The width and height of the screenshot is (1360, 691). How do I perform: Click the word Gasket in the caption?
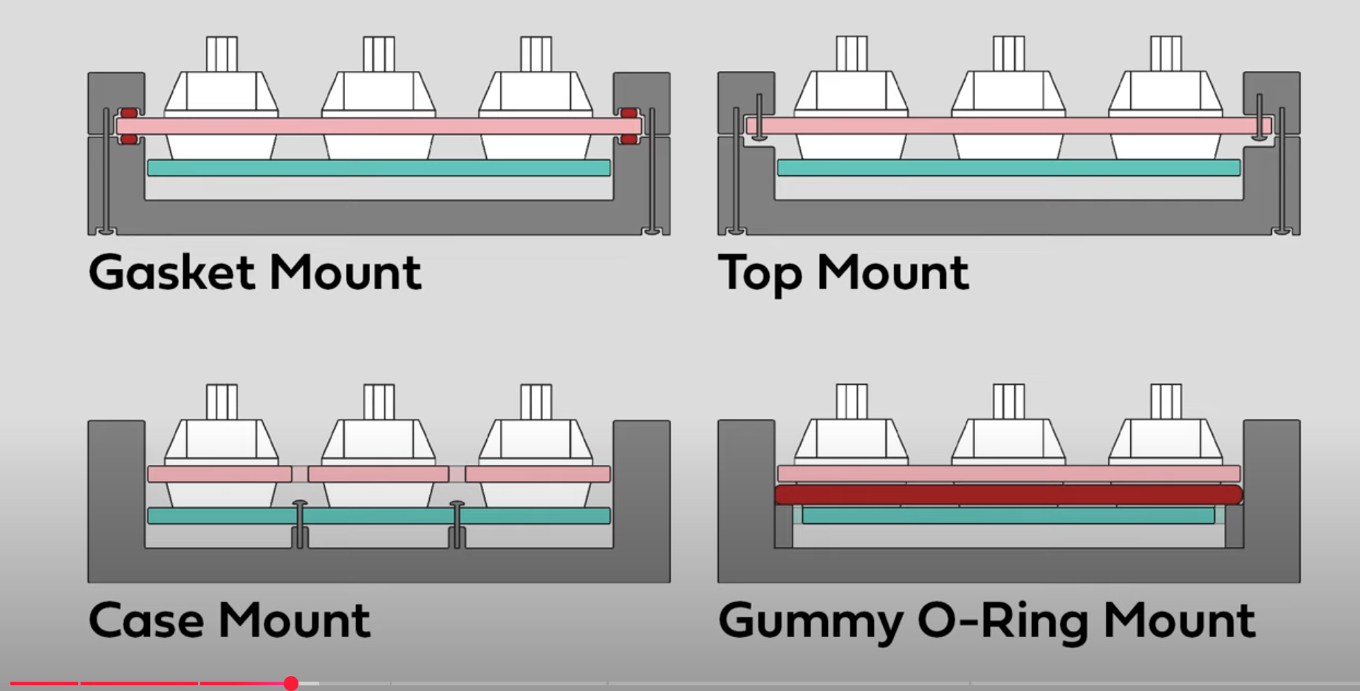point(172,273)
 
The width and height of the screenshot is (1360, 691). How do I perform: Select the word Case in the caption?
point(146,620)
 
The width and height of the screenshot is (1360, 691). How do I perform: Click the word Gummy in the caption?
point(810,622)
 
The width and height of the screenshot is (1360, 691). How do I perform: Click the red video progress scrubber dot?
point(291,684)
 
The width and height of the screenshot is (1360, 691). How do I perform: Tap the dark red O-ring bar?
point(1008,494)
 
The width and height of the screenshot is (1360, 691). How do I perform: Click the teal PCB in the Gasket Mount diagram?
point(378,168)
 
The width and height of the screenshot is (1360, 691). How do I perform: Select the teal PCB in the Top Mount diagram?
point(1008,168)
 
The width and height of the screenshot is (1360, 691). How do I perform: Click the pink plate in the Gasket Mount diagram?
point(378,126)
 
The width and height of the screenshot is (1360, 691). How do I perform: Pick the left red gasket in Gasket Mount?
point(129,126)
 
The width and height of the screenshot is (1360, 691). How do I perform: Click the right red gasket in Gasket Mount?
point(629,126)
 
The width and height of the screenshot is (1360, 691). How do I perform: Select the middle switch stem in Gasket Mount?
point(379,54)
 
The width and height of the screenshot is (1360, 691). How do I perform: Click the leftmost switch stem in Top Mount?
point(852,54)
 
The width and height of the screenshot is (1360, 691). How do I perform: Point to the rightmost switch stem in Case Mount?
point(536,402)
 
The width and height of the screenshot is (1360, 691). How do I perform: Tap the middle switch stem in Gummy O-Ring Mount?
point(1009,402)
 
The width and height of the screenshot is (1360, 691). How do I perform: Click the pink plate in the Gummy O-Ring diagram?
point(1008,474)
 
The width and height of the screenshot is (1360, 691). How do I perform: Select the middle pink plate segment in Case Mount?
point(378,474)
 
